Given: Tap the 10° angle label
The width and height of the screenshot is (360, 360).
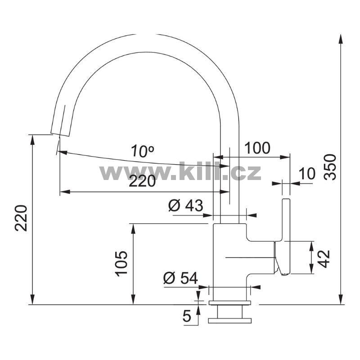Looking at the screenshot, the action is (143, 152).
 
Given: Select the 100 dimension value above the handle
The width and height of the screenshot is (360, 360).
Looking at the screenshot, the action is (257, 148).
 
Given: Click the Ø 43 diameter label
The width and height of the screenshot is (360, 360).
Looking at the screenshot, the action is (185, 205).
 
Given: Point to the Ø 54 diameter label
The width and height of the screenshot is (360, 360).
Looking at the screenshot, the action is (180, 278).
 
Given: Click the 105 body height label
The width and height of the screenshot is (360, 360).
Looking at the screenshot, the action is (121, 264).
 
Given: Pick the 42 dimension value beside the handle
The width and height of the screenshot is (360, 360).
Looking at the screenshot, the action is (324, 259).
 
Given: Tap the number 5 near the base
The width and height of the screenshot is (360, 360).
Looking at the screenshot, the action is (187, 316).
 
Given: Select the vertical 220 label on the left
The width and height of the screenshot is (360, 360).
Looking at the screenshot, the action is (21, 218).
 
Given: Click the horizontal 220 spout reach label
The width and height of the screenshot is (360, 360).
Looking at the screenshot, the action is (142, 181).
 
